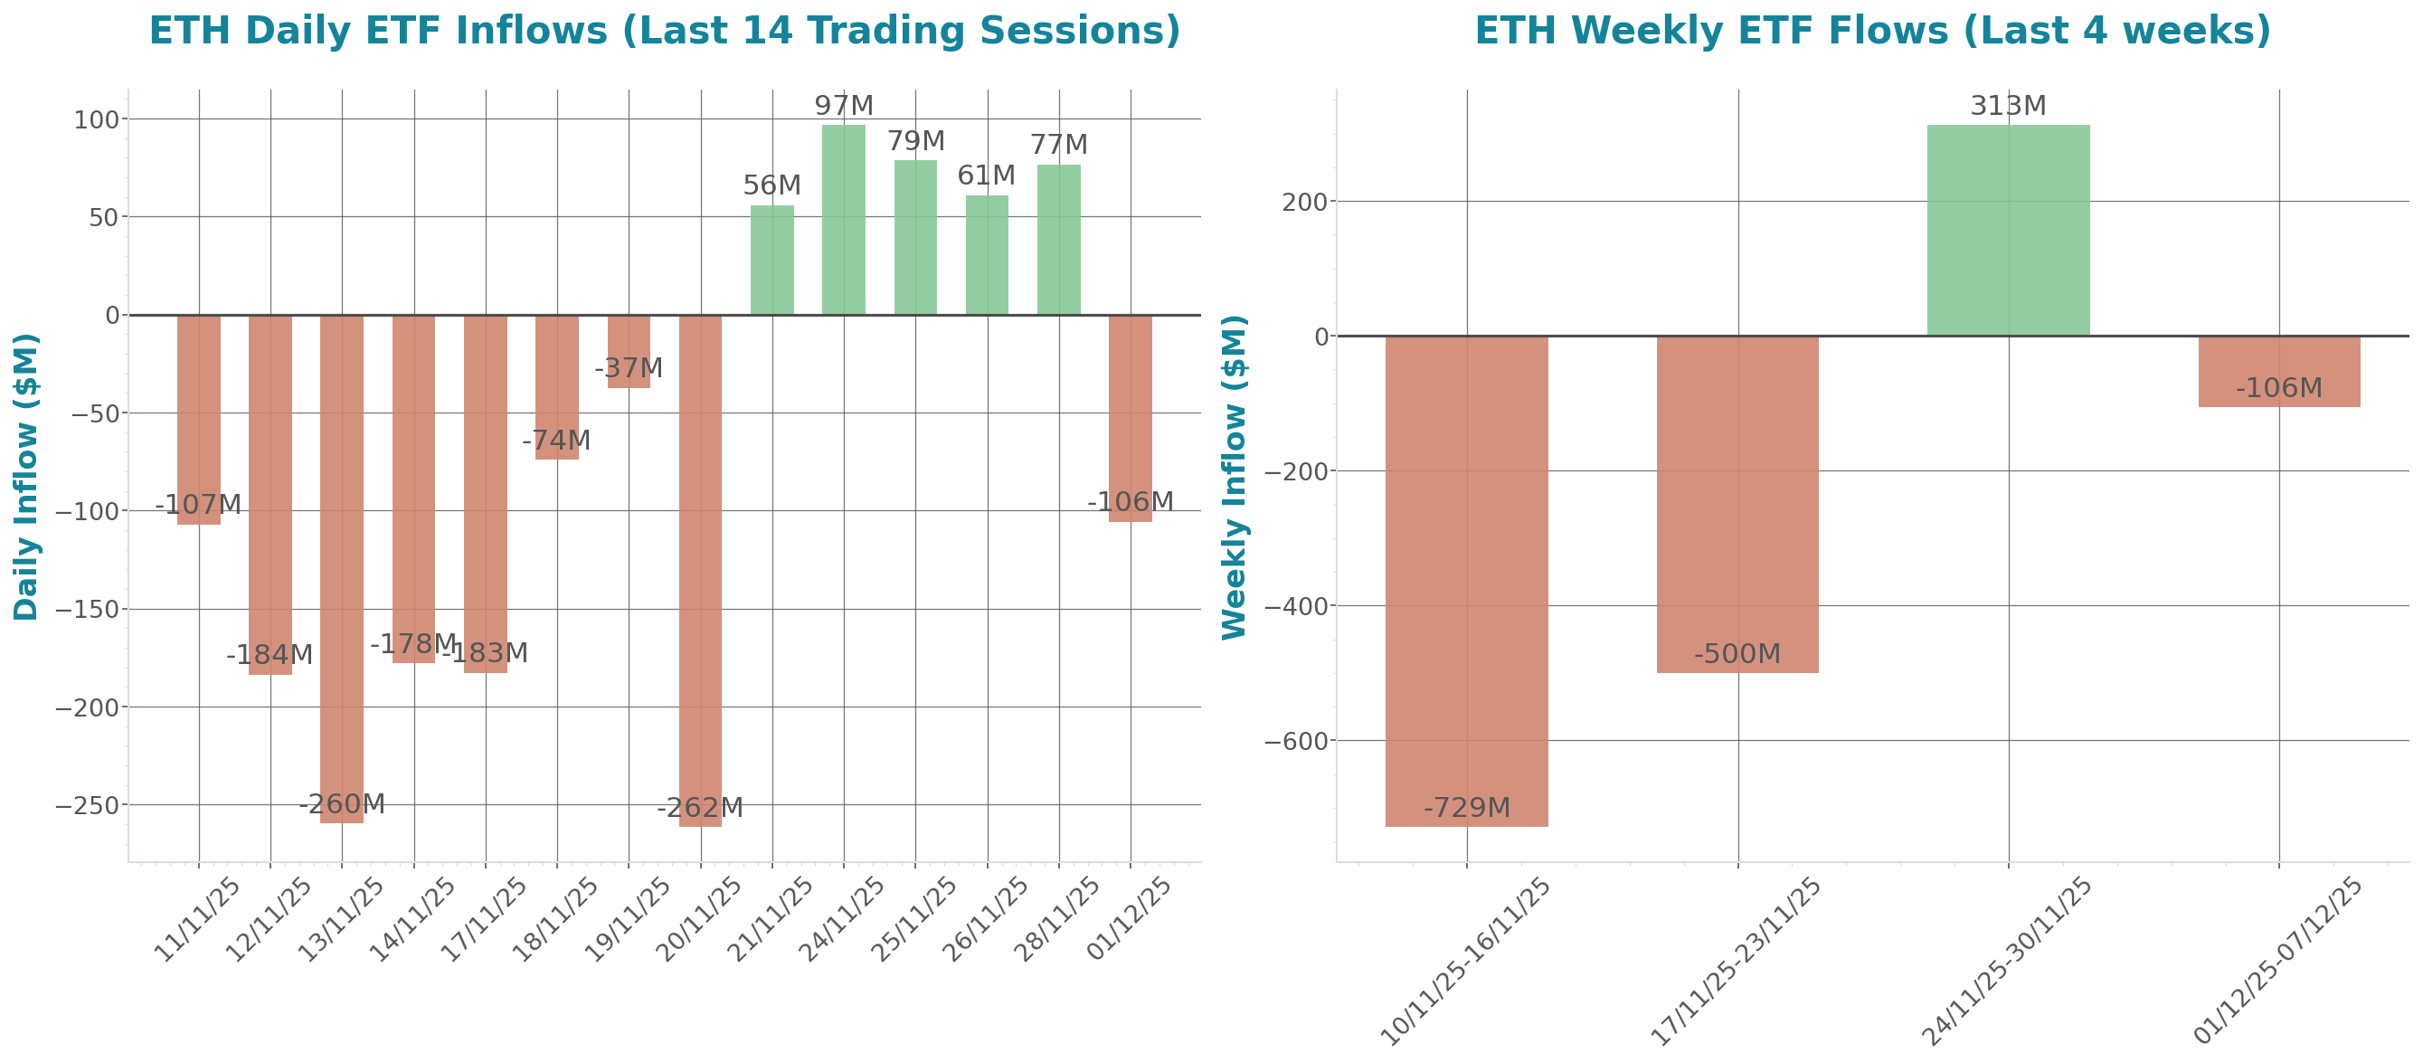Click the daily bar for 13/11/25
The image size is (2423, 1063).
tap(342, 569)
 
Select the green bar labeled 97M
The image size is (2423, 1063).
tap(844, 220)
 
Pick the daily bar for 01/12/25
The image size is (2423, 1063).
tap(1130, 419)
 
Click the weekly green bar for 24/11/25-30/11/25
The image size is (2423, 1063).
tap(2008, 231)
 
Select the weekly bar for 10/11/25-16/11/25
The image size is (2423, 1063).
tap(1466, 582)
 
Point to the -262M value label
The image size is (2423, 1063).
tap(700, 808)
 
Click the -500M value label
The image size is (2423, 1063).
tap(1737, 654)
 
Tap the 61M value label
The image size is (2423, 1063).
tap(986, 176)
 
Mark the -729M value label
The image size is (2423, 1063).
tap(1466, 808)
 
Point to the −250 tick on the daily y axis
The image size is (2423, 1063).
tap(88, 806)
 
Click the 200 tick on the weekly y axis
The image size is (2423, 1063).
tap(1304, 203)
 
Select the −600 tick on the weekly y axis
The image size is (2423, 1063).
tap(1295, 742)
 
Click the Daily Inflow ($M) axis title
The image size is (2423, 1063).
tap(25, 477)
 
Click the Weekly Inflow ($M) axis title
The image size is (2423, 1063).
tap(1233, 477)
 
